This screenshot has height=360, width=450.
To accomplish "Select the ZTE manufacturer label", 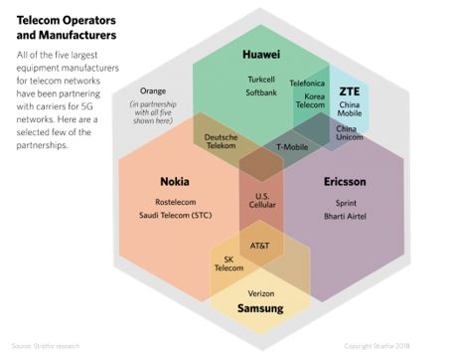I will click(349, 90).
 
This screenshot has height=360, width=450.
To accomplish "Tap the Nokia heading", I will click(175, 182).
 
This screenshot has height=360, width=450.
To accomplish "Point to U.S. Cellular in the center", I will click(262, 199).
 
